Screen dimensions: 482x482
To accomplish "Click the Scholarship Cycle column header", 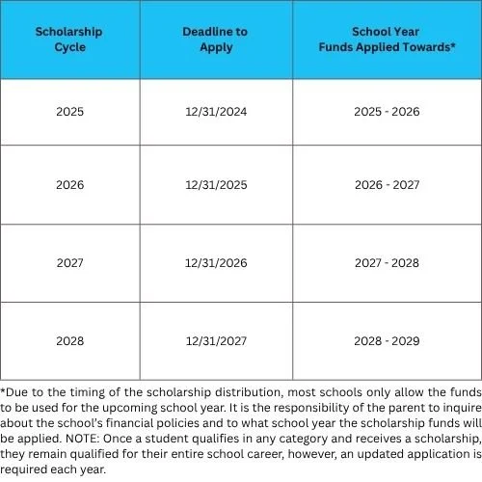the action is coord(70,39).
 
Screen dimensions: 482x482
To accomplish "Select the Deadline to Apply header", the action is coord(215,39).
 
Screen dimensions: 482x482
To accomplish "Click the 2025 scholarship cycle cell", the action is coord(70,112).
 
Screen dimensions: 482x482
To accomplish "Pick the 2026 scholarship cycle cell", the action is coord(70,184).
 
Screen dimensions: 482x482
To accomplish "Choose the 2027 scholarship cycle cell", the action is coord(70,263).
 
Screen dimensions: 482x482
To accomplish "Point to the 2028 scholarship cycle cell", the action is coord(70,340).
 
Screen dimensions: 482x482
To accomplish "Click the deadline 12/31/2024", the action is coord(215,112).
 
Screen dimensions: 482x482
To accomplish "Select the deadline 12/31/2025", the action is coord(215,184).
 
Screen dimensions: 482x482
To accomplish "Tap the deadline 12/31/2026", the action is coord(215,263).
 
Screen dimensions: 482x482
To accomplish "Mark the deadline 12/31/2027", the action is coord(215,340).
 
